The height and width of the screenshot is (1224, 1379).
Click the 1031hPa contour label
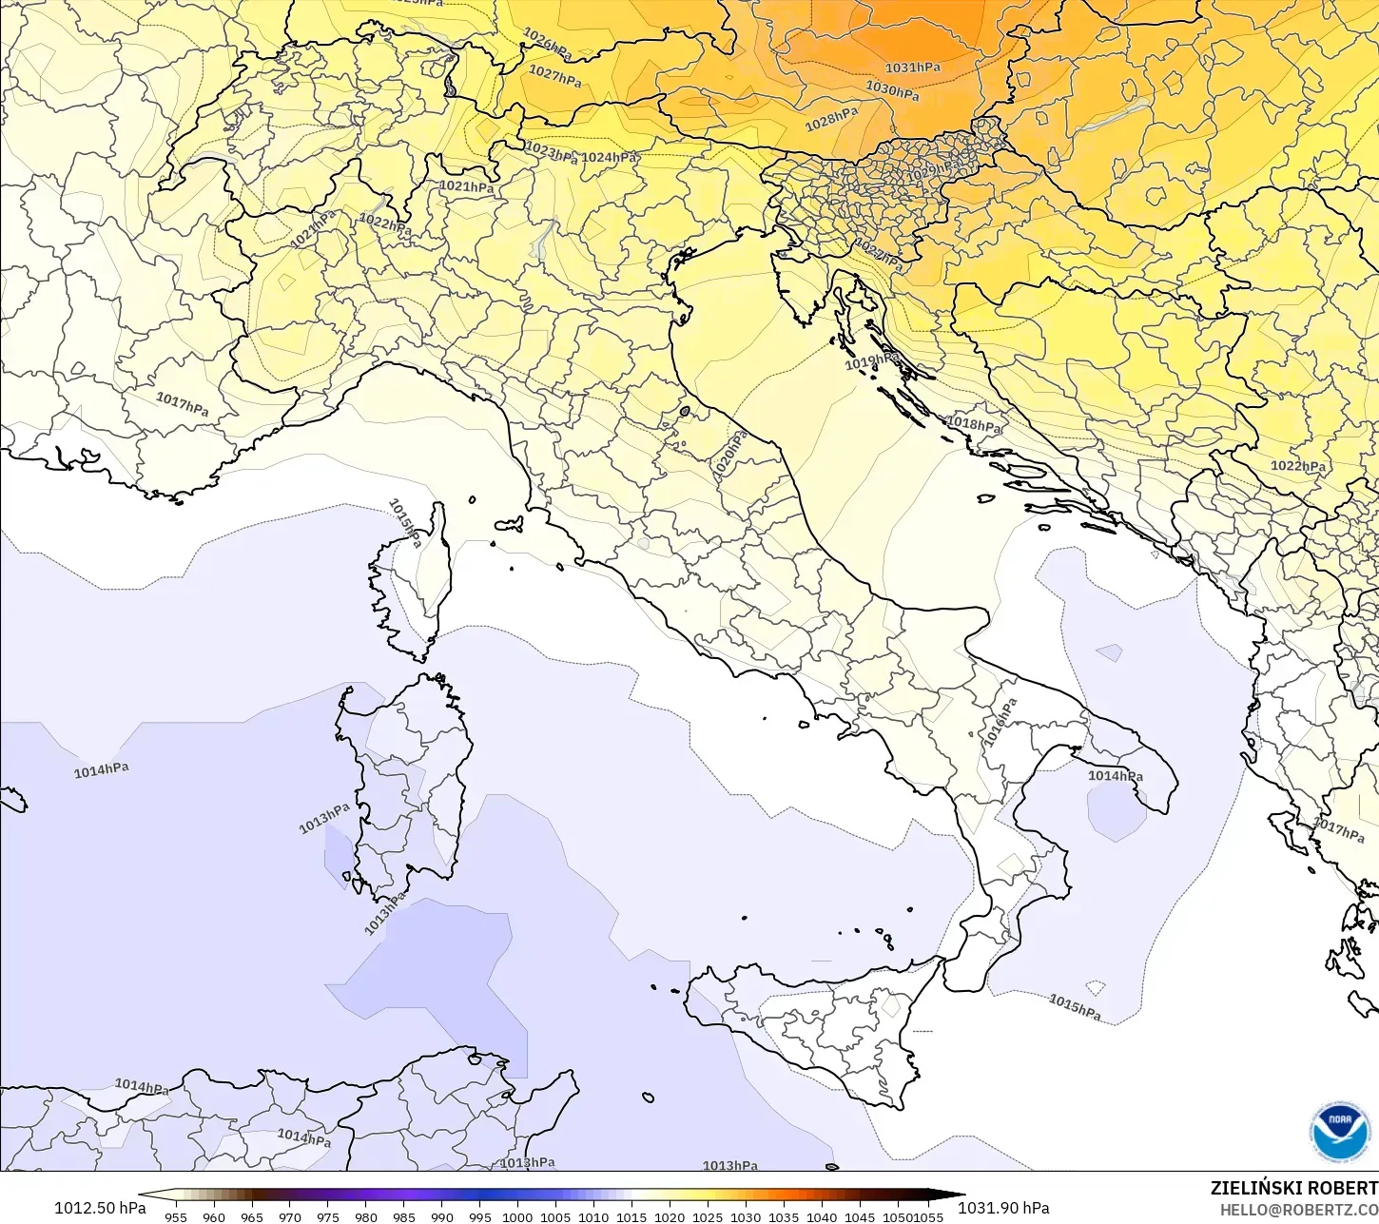coord(912,68)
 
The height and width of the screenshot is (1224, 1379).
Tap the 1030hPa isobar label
coord(892,90)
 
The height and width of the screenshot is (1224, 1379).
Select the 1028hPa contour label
coord(831,119)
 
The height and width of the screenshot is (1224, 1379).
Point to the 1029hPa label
coord(934,170)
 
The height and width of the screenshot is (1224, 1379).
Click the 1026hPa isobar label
coord(547,43)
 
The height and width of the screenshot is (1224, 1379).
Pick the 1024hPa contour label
coord(610,158)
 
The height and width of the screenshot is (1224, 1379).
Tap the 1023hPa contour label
coord(551,152)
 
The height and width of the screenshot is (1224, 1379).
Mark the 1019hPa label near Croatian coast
coord(870,361)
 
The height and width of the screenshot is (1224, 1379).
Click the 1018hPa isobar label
coord(975,424)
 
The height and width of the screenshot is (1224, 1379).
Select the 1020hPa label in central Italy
coord(730,455)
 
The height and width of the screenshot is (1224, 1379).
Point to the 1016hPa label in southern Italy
coord(1000,722)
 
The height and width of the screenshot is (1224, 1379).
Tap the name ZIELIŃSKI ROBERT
coord(1293,1188)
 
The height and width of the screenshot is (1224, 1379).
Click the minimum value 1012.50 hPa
coord(100,1208)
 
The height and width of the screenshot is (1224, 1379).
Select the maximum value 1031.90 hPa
coord(1003,1208)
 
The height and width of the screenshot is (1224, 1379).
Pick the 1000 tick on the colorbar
coord(517,1216)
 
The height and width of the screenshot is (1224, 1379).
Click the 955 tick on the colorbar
coord(176,1216)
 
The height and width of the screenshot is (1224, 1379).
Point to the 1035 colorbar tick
coord(783,1216)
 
